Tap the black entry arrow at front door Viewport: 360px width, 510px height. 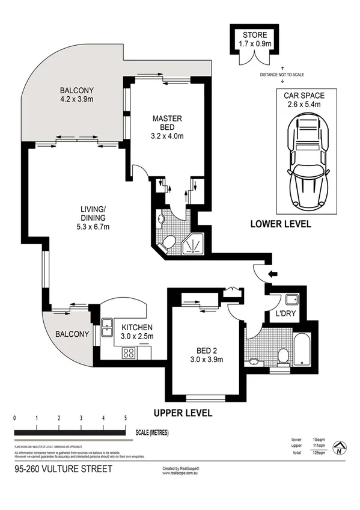[272, 275]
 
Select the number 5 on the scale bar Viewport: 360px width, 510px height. [126, 417]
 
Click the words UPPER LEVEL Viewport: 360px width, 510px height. [183, 413]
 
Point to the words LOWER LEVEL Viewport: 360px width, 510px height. [281, 224]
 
